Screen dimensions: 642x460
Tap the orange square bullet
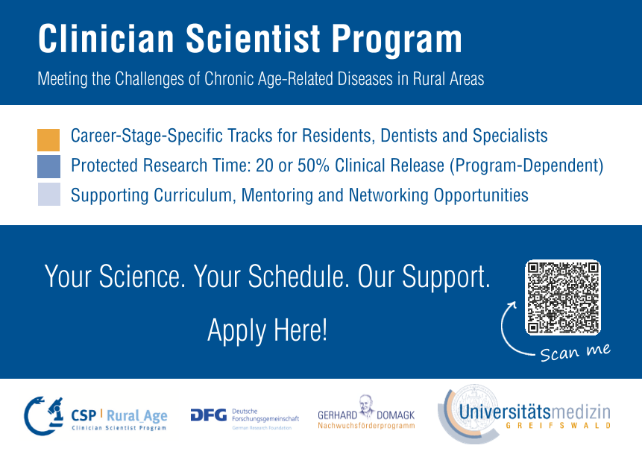[x=48, y=140]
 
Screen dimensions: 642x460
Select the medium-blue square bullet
[x=48, y=166]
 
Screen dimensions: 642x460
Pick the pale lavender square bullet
[x=48, y=194]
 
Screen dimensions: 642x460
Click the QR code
[x=562, y=297]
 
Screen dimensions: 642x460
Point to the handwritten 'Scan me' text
[x=575, y=353]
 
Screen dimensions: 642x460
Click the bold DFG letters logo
[x=208, y=415]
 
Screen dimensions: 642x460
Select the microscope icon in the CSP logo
[x=55, y=412]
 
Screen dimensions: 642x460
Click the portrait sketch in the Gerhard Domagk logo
[x=365, y=406]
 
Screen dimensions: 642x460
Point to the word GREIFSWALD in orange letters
[x=558, y=426]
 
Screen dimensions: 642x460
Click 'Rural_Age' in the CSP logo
[x=136, y=416]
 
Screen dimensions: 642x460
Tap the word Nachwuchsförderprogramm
[x=366, y=426]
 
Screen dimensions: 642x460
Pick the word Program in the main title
[x=397, y=40]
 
